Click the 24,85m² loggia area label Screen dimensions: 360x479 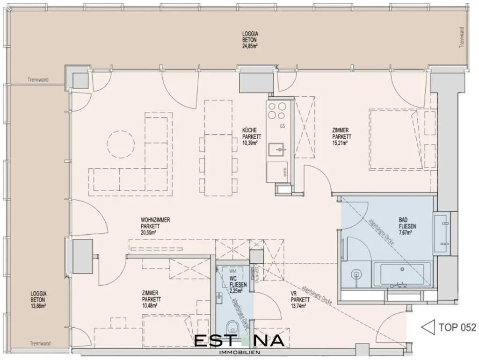pyautogui.click(x=250, y=46)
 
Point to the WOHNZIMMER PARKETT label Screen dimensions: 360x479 pyautogui.click(x=155, y=225)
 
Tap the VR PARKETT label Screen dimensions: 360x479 pyautogui.click(x=298, y=300)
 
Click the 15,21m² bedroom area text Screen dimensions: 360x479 pyautogui.click(x=340, y=144)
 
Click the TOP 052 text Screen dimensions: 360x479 pyautogui.click(x=457, y=327)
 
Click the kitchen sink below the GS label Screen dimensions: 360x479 pyautogui.click(x=280, y=150)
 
